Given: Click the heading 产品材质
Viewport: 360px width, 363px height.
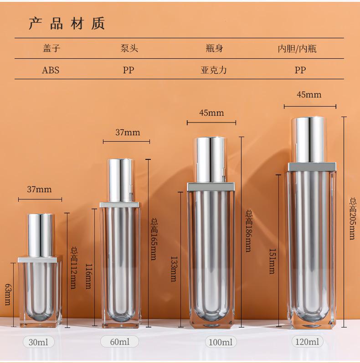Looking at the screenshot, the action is [67, 23].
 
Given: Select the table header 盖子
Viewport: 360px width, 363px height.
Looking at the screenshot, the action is [51, 48].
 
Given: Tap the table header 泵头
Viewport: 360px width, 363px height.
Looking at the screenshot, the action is [129, 48].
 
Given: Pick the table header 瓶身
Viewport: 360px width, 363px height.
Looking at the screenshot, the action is [214, 48].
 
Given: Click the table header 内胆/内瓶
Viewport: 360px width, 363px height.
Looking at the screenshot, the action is [297, 49].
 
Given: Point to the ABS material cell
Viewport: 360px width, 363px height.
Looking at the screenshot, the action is [51, 70].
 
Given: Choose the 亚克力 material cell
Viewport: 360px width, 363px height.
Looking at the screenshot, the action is [214, 70].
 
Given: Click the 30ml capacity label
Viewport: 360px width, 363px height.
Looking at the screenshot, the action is [39, 342].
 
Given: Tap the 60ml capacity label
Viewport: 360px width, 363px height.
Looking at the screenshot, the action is [119, 342].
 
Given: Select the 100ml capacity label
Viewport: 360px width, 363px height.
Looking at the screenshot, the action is [221, 342].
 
